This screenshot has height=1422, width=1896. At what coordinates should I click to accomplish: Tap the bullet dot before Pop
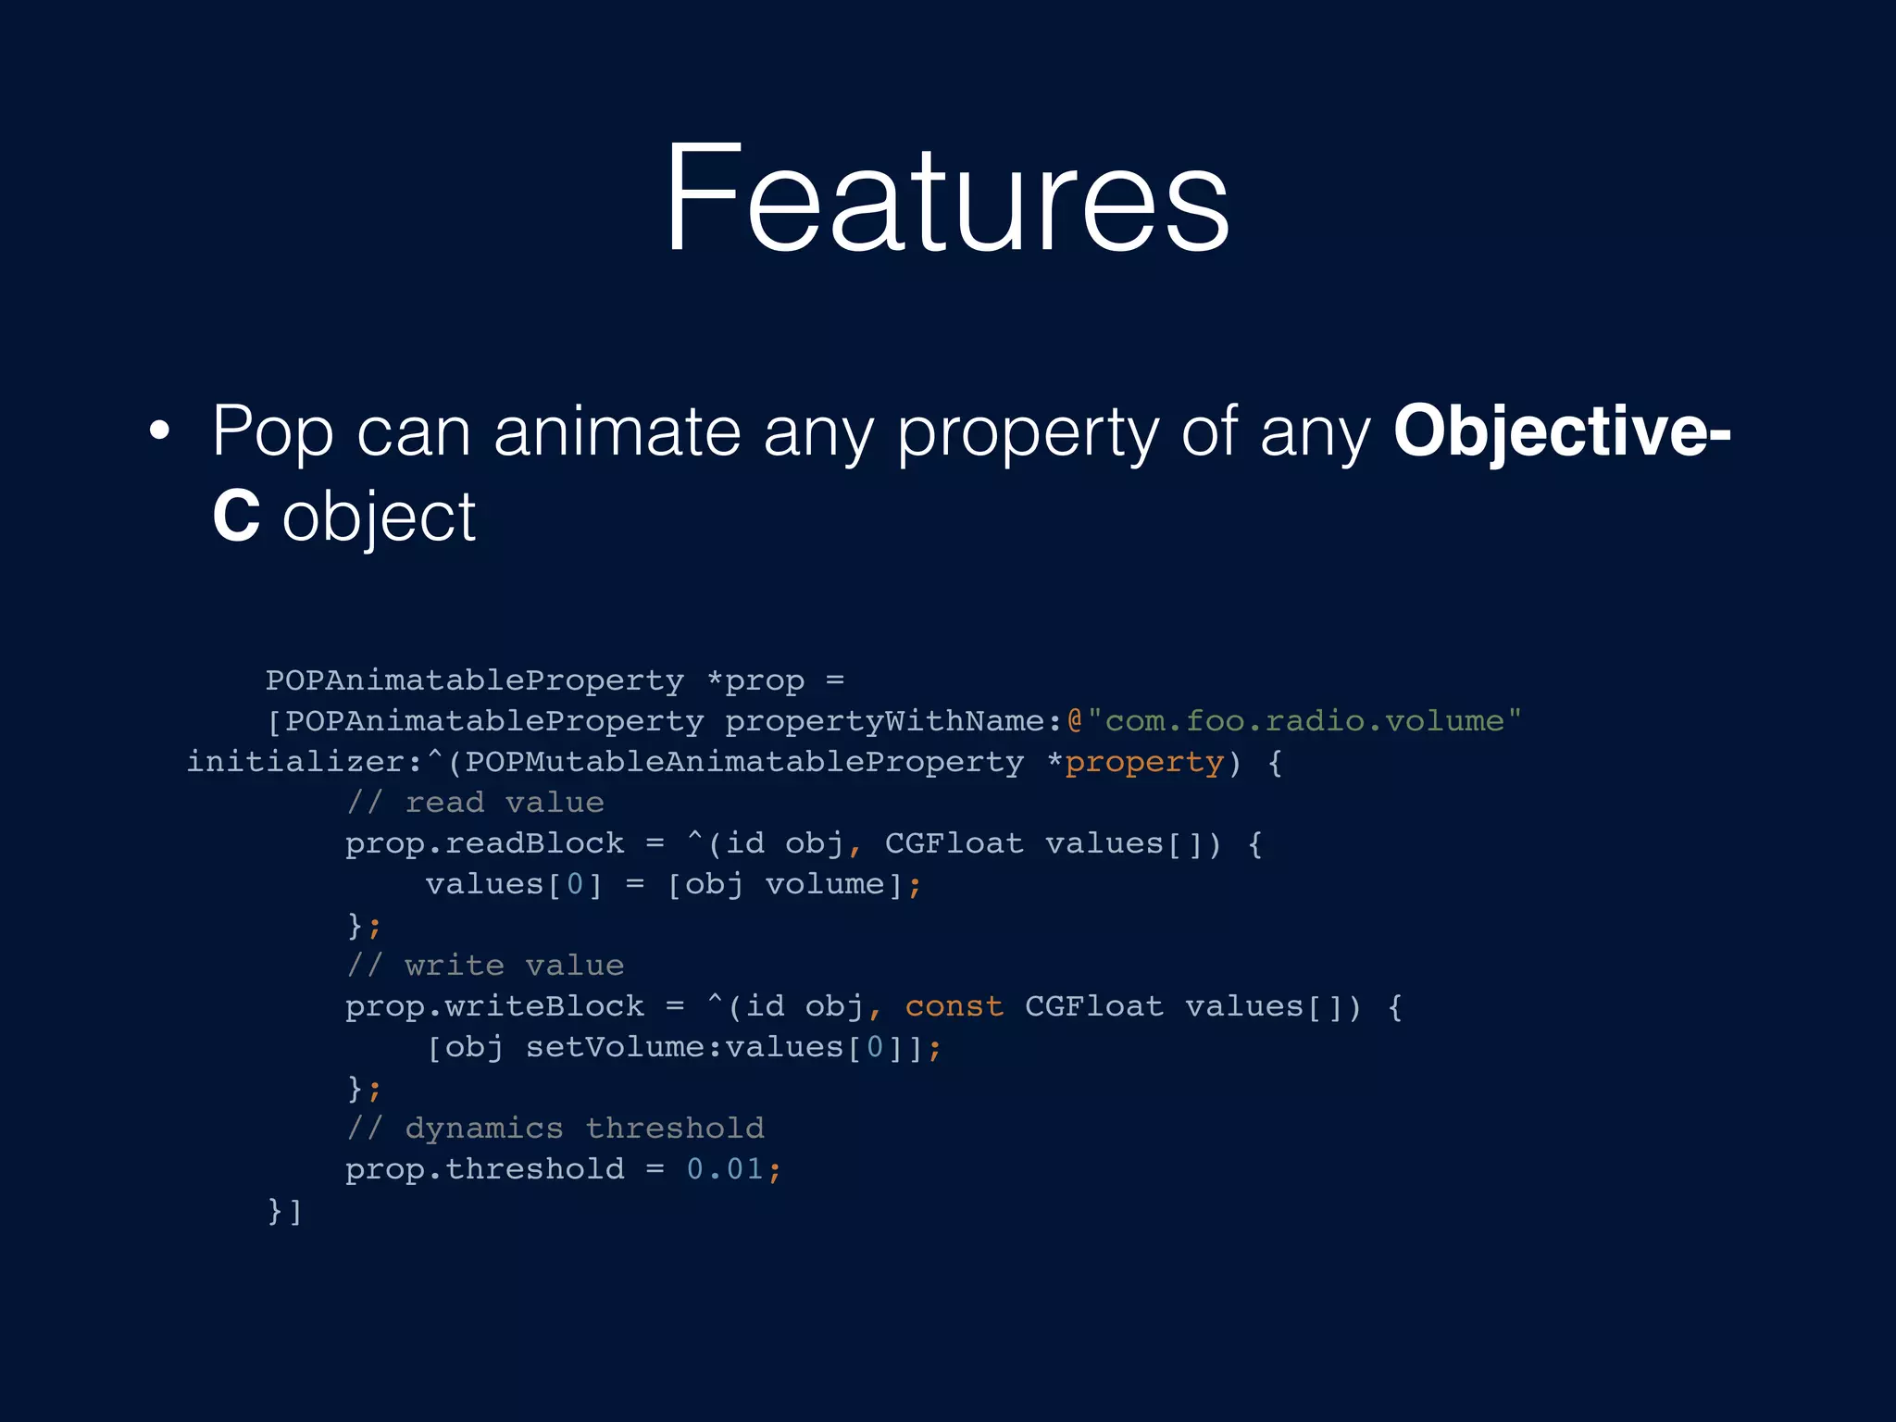[x=160, y=431]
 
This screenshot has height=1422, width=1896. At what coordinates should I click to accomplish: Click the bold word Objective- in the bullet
[x=1561, y=431]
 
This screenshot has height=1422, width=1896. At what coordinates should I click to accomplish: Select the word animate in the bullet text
[x=617, y=431]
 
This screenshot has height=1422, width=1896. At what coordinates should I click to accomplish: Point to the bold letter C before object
[x=235, y=517]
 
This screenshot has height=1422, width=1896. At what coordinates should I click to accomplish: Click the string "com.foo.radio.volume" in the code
[x=1304, y=721]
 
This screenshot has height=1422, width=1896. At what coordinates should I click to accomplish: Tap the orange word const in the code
[x=954, y=1006]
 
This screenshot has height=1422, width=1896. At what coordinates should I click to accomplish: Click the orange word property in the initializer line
[x=1144, y=762]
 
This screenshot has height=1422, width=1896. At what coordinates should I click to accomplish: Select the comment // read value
[x=475, y=803]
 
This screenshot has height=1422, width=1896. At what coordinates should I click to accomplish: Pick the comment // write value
[x=485, y=966]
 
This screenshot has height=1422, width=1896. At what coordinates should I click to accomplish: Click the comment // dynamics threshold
[x=555, y=1129]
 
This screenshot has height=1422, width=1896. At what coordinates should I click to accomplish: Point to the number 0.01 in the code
[x=725, y=1169]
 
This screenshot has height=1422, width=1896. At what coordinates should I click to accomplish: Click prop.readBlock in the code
[x=484, y=843]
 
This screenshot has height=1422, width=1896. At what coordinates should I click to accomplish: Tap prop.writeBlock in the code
[x=494, y=1006]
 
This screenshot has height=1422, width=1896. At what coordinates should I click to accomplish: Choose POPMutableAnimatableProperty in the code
[x=744, y=762]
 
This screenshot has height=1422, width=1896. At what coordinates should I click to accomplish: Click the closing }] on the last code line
[x=284, y=1210]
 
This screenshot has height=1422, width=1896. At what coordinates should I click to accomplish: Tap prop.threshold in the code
[x=484, y=1169]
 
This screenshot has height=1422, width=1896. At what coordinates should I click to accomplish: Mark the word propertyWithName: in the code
[x=893, y=721]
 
